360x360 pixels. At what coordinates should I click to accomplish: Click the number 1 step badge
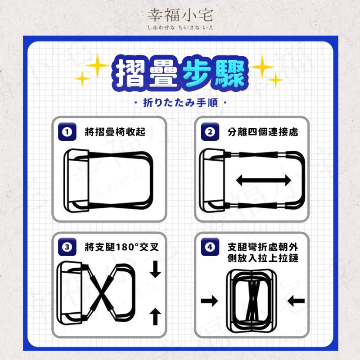(x=67, y=132)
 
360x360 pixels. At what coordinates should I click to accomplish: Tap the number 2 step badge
(x=210, y=132)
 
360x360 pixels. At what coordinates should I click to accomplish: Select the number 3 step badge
(x=67, y=247)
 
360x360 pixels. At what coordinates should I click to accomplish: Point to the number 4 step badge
(x=210, y=247)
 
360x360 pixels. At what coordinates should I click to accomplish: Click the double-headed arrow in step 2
(x=264, y=180)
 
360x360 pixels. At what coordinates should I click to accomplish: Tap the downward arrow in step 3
(x=155, y=269)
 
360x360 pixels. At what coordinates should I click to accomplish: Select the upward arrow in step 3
(x=155, y=316)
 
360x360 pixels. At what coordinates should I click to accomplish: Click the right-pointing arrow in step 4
(x=209, y=301)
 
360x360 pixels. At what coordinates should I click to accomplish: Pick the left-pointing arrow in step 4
(x=296, y=301)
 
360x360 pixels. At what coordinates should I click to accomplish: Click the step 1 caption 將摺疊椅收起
(x=115, y=132)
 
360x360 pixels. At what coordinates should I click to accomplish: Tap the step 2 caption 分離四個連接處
(x=263, y=132)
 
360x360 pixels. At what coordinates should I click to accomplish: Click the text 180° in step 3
(x=127, y=247)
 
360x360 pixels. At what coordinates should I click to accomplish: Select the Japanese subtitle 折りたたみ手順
(x=180, y=103)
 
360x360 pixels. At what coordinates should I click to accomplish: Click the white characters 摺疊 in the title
(x=147, y=73)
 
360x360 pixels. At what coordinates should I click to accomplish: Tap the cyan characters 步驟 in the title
(x=215, y=73)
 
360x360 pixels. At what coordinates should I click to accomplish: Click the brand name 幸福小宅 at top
(x=180, y=15)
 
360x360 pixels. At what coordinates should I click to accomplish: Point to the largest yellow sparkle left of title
(x=97, y=65)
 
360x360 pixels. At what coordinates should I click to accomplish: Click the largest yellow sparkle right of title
(x=262, y=67)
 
